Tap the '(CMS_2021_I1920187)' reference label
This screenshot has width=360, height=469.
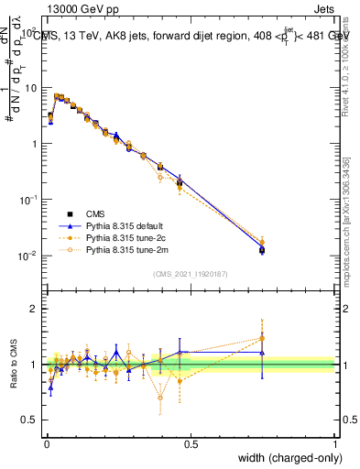[191, 272]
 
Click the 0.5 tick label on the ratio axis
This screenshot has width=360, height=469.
[30, 420]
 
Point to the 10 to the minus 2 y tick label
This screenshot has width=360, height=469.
[28, 256]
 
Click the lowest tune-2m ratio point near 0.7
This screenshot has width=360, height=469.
[160, 398]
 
